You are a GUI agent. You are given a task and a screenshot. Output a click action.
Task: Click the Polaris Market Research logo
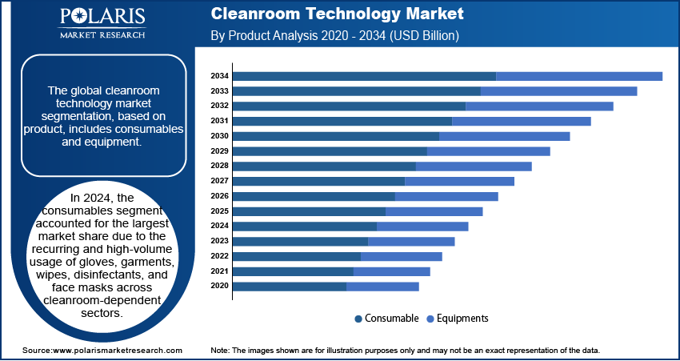coord(102,23)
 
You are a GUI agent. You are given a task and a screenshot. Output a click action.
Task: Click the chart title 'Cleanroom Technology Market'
coord(337,14)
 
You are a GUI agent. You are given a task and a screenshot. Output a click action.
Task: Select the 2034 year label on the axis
coord(220,76)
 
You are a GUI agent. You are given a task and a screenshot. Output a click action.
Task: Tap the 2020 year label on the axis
coord(220,287)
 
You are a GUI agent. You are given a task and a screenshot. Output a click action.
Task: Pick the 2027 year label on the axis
coord(220,181)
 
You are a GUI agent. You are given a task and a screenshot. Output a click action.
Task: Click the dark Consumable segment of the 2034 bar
coord(364,76)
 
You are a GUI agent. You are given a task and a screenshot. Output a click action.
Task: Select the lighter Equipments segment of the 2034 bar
coord(579,76)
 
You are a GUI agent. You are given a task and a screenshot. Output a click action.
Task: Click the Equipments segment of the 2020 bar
coord(382,287)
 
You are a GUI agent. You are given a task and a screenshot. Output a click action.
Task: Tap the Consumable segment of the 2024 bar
coord(305,227)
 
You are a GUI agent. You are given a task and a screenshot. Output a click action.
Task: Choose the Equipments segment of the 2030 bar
coord(504,136)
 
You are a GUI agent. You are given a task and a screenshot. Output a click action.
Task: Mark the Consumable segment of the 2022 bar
coord(297,256)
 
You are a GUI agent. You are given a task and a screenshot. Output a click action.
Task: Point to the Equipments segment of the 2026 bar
coord(446,196)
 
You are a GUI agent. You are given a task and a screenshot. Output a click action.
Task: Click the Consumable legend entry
coord(386,319)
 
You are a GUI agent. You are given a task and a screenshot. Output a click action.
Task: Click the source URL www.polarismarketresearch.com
coord(117,351)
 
